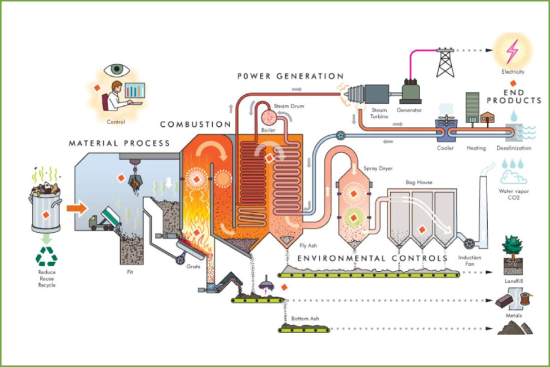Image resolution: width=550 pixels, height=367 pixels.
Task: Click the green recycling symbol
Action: tap(46, 256)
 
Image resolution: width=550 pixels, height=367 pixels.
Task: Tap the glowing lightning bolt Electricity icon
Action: tap(512, 51)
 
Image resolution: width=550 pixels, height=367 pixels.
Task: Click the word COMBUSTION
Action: tap(195, 125)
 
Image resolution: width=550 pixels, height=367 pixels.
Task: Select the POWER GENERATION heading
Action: tap(290, 76)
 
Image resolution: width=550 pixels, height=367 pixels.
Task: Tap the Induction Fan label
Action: tap(469, 261)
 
